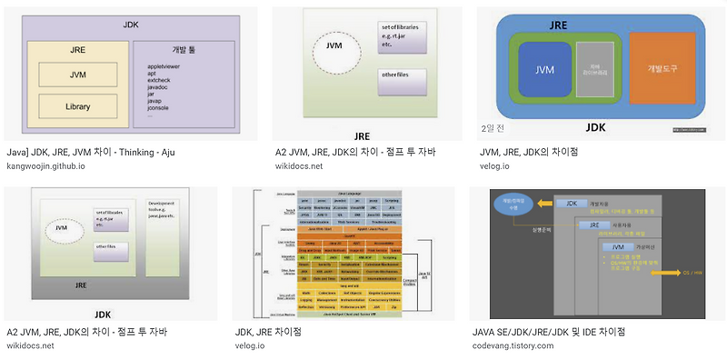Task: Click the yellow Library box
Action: (x=77, y=106)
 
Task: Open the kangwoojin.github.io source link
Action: (x=45, y=165)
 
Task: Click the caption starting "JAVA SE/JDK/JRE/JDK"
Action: (x=549, y=331)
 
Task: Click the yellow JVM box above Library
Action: (x=77, y=75)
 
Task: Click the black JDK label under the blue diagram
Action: (x=596, y=127)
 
